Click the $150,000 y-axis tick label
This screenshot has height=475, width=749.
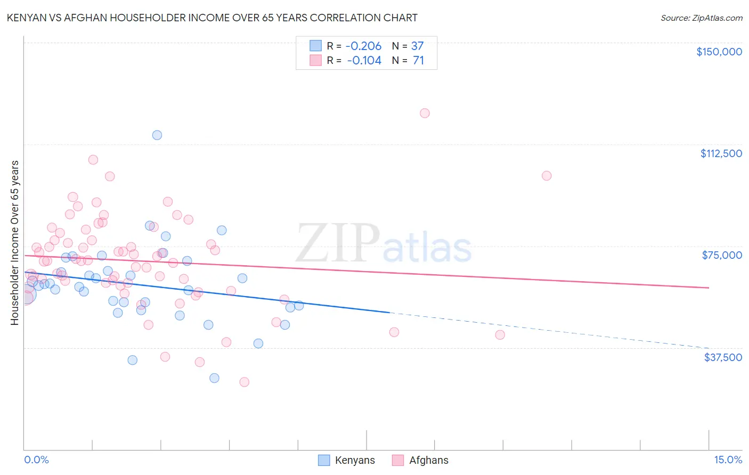tap(719, 52)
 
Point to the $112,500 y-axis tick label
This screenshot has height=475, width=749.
tap(721, 153)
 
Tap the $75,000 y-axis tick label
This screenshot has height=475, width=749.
tap(722, 255)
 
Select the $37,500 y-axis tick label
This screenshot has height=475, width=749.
tap(723, 357)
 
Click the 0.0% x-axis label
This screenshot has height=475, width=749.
tap(36, 460)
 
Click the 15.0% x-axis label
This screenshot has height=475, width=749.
tap(728, 460)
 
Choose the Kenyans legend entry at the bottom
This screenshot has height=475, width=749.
tap(347, 460)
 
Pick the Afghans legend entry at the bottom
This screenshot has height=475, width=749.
tap(420, 460)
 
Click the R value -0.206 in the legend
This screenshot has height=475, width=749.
tap(364, 46)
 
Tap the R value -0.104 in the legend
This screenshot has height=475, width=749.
tap(364, 61)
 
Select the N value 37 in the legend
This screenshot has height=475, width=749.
tap(417, 46)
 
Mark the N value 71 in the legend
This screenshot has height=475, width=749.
tap(418, 61)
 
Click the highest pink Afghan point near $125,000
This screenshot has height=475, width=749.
tap(425, 113)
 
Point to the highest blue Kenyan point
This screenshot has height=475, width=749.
tap(157, 135)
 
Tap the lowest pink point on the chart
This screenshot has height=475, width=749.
tap(245, 382)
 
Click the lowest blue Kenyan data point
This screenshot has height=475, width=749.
tap(214, 378)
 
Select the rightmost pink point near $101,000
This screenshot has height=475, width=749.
tap(547, 176)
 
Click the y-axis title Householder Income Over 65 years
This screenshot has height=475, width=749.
tap(14, 243)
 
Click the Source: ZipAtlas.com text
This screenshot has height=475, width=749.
tap(701, 18)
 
